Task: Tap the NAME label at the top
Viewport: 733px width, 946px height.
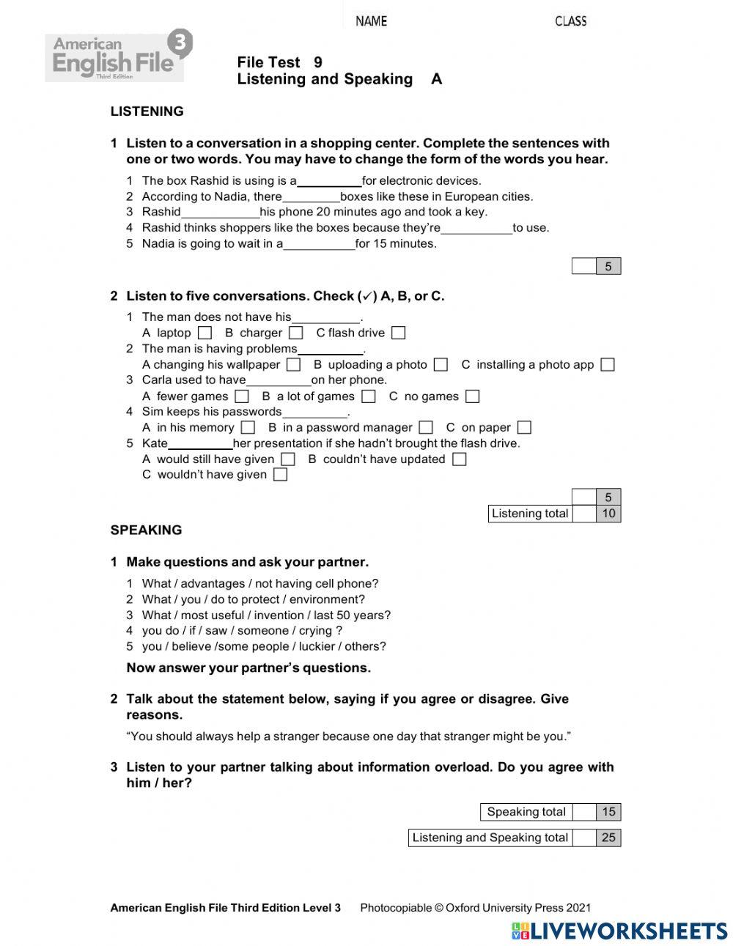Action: point(371,21)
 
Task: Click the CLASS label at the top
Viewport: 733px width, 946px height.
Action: point(570,21)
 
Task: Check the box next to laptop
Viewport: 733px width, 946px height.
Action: point(205,333)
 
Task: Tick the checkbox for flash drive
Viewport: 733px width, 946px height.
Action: point(398,333)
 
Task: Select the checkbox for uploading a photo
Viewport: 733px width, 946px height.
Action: point(440,365)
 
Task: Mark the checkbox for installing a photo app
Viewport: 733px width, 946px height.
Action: point(607,365)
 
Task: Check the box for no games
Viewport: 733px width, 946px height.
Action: point(472,396)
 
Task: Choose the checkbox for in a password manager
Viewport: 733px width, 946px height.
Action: point(426,427)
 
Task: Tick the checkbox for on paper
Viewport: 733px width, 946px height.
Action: point(524,427)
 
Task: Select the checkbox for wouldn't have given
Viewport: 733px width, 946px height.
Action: point(280,475)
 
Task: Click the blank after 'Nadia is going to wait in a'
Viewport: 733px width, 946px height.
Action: point(319,244)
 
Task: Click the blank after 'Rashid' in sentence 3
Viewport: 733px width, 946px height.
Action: point(220,213)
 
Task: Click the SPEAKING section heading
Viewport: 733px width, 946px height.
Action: point(146,530)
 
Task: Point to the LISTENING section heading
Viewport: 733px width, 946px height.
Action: point(147,111)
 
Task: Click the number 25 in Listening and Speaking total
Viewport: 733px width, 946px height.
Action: point(608,838)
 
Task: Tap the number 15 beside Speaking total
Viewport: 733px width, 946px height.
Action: point(608,812)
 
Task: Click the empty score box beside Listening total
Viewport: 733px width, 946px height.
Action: point(584,514)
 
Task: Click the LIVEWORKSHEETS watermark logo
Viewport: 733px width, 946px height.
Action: point(619,931)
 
